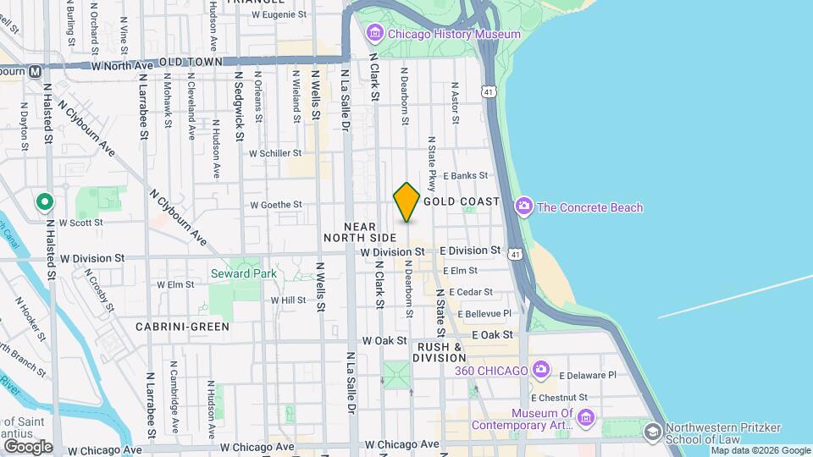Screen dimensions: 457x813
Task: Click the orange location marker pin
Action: (x=406, y=201)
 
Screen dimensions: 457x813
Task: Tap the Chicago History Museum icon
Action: (x=374, y=34)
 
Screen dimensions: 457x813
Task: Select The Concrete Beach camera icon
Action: (x=524, y=206)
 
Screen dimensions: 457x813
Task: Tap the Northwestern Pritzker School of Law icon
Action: (x=652, y=432)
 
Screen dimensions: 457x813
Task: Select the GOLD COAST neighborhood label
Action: (x=462, y=202)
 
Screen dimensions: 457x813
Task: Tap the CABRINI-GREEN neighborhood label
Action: (x=182, y=325)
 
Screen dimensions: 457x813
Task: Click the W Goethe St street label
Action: (x=276, y=205)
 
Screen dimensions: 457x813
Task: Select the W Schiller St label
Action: (x=275, y=153)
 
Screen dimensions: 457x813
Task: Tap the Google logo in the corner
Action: (x=28, y=446)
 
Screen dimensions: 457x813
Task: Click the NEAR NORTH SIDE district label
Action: (x=360, y=232)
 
